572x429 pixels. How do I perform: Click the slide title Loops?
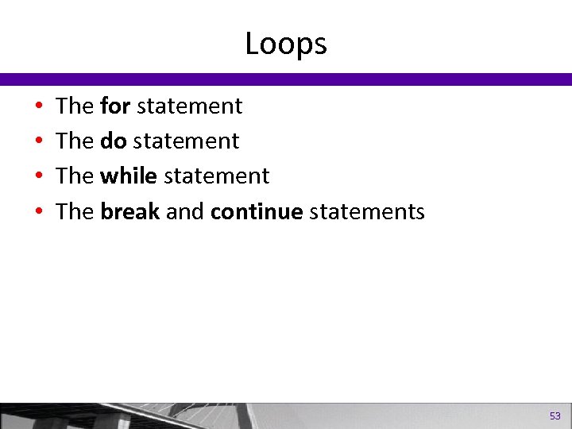click(x=286, y=44)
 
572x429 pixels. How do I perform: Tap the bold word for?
click(x=115, y=106)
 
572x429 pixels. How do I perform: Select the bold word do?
click(x=113, y=141)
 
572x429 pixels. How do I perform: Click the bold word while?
click(x=128, y=176)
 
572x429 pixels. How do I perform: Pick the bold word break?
click(x=130, y=211)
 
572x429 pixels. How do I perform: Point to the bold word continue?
click(x=257, y=211)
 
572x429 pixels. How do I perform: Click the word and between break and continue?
click(x=185, y=211)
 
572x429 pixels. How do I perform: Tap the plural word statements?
click(x=367, y=211)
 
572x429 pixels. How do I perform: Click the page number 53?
click(x=555, y=415)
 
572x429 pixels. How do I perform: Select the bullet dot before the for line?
click(x=39, y=106)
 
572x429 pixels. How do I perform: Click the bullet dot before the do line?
click(x=39, y=141)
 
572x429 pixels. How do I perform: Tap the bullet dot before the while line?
click(x=39, y=176)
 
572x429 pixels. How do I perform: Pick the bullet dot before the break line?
click(x=39, y=212)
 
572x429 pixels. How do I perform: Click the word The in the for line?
click(x=75, y=106)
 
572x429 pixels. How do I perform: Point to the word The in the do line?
click(x=75, y=141)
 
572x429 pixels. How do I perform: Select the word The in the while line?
click(x=75, y=176)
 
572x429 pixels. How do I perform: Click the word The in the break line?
click(x=75, y=211)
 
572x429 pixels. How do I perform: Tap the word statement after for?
click(x=190, y=106)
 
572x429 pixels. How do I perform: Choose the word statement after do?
click(x=186, y=141)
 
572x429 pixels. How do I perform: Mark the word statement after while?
click(x=217, y=176)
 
